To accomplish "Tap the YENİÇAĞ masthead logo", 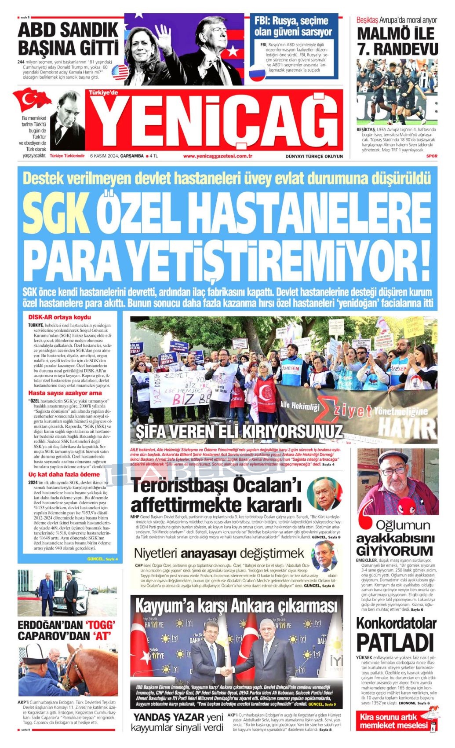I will tap(218, 121).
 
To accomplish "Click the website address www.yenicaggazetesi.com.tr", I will tap(217, 156).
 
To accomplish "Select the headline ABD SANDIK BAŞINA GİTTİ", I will tap(68, 39).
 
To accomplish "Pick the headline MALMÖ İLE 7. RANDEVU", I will tap(397, 41).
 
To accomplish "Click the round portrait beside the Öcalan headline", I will tap(324, 493).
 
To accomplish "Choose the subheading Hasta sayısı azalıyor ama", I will tap(65, 393).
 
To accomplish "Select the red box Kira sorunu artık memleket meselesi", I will tap(393, 722).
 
